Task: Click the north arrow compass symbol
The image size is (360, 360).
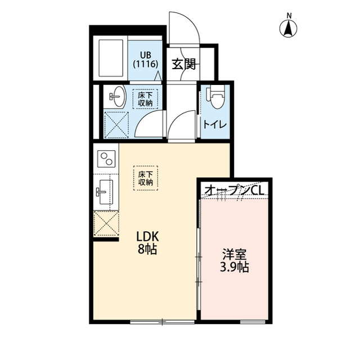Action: pyautogui.click(x=289, y=28)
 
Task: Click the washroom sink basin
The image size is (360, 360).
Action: pyautogui.click(x=117, y=97)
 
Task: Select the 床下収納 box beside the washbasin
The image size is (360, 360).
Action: pyautogui.click(x=145, y=100)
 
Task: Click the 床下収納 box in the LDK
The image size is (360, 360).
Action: pyautogui.click(x=146, y=178)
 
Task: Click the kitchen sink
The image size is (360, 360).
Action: pyautogui.click(x=105, y=191)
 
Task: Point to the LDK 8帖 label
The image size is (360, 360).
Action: pyautogui.click(x=145, y=242)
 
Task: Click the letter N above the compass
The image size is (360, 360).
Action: pyautogui.click(x=289, y=15)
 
